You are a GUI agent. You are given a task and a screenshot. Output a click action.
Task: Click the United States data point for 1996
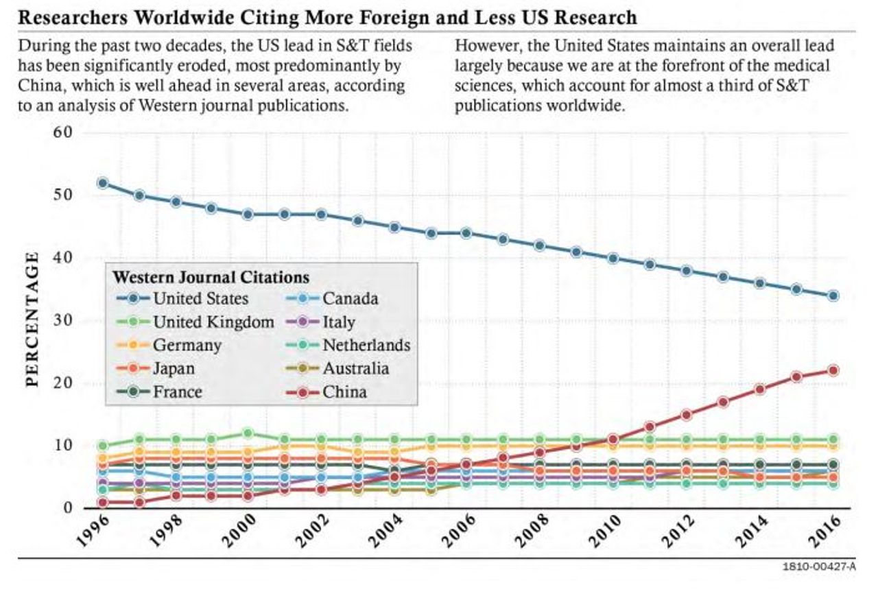[103, 183]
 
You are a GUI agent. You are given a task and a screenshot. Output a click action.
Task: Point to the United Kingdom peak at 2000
[248, 433]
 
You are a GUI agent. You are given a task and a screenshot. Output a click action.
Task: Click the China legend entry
[344, 392]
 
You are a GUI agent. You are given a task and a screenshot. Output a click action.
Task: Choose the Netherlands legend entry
[366, 345]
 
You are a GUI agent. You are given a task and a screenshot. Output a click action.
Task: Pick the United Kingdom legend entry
[213, 322]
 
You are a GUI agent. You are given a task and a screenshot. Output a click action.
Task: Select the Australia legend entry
[355, 368]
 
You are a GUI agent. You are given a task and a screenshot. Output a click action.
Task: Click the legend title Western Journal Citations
[210, 277]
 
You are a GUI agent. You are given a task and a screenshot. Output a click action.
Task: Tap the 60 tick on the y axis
[62, 132]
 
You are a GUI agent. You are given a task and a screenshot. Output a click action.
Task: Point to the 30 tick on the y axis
[62, 321]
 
